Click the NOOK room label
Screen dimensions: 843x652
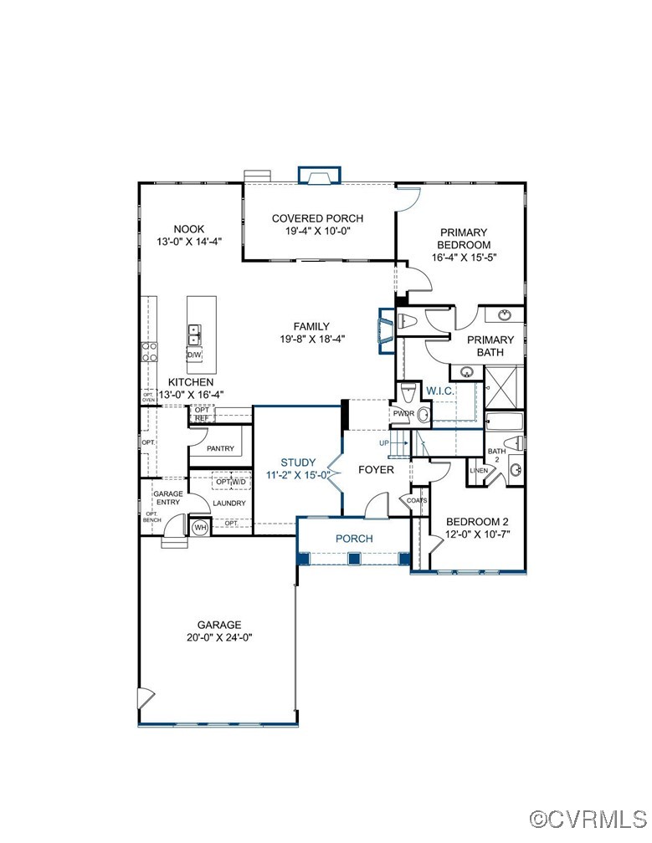point(189,229)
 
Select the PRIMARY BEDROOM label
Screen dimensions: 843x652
point(463,238)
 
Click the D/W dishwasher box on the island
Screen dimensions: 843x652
point(194,355)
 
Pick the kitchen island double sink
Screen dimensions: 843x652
point(194,335)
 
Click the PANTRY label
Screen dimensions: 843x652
point(220,449)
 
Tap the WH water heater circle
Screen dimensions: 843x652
point(200,528)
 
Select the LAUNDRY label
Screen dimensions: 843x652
point(228,503)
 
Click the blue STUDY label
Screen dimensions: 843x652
point(298,462)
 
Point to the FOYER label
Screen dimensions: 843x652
point(376,470)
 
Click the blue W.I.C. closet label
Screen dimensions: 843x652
point(439,391)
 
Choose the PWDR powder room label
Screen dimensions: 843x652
point(403,413)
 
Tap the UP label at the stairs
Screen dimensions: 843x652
point(384,443)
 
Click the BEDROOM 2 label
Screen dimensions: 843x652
point(475,519)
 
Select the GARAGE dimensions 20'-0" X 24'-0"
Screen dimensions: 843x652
point(219,637)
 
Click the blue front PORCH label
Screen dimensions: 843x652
point(354,539)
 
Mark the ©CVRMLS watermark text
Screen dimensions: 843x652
point(589,816)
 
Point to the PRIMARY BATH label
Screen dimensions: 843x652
point(490,346)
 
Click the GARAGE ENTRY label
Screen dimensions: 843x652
point(167,498)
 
